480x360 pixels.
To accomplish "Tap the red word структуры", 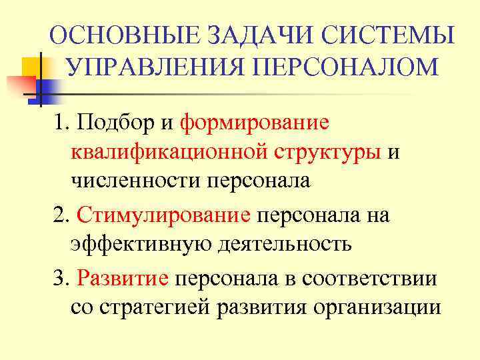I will pyautogui.click(x=327, y=152).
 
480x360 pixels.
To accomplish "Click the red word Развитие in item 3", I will pyautogui.click(x=123, y=278).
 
